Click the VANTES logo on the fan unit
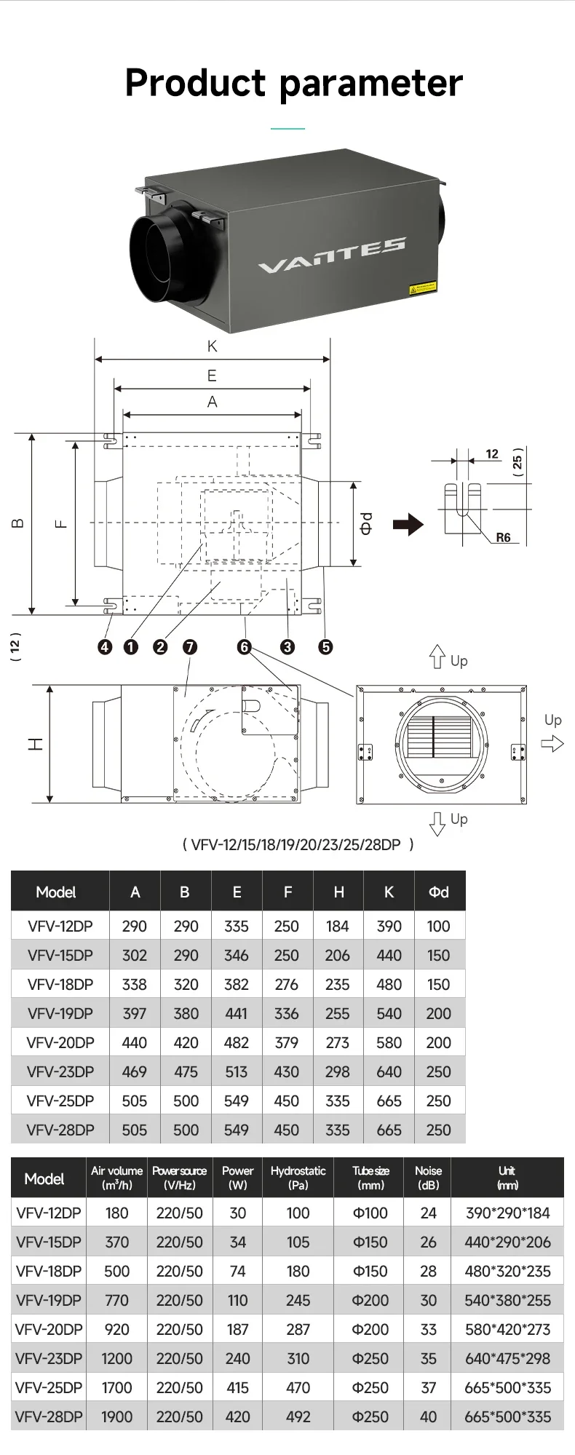tap(331, 255)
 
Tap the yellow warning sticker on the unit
tap(423, 288)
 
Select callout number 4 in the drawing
tap(106, 646)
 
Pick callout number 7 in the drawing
tap(190, 646)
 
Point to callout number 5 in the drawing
tap(325, 646)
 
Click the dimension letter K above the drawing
tap(212, 346)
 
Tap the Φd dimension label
tap(367, 523)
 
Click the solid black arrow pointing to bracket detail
tap(408, 524)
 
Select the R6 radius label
tap(503, 538)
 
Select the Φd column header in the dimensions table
tap(438, 892)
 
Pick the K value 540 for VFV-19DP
tap(389, 1013)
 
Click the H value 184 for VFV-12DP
tap(337, 926)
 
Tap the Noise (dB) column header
tap(428, 1177)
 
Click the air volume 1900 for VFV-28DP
tap(116, 1416)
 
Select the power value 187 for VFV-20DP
tap(237, 1329)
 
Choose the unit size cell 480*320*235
tap(507, 1271)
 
